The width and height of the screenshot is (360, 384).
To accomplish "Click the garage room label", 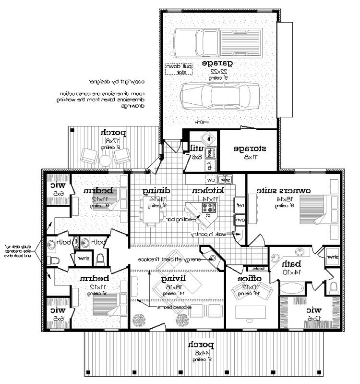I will click(x=217, y=63).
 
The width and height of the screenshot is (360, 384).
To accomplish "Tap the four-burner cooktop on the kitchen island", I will click(x=210, y=208).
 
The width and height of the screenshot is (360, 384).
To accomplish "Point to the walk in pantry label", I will click(x=210, y=235).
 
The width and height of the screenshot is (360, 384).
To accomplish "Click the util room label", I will click(x=197, y=148).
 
